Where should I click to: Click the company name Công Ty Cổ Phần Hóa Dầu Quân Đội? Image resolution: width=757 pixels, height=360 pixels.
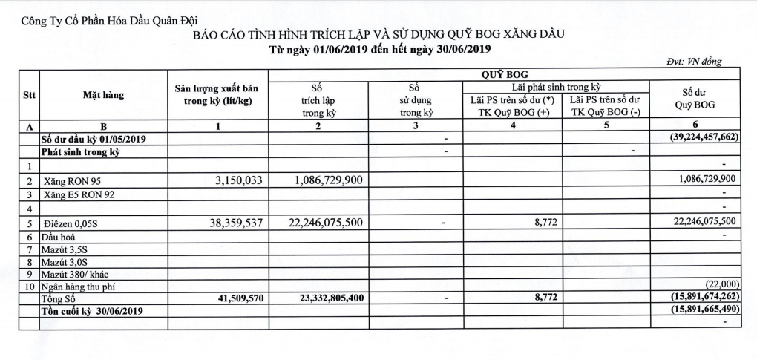(x=105, y=20)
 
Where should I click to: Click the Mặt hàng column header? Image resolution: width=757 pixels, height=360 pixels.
(x=103, y=95)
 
